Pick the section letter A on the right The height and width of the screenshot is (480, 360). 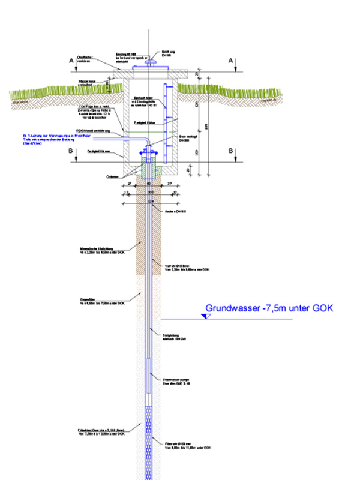pos(232,61)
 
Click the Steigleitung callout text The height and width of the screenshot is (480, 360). pos(174,335)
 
